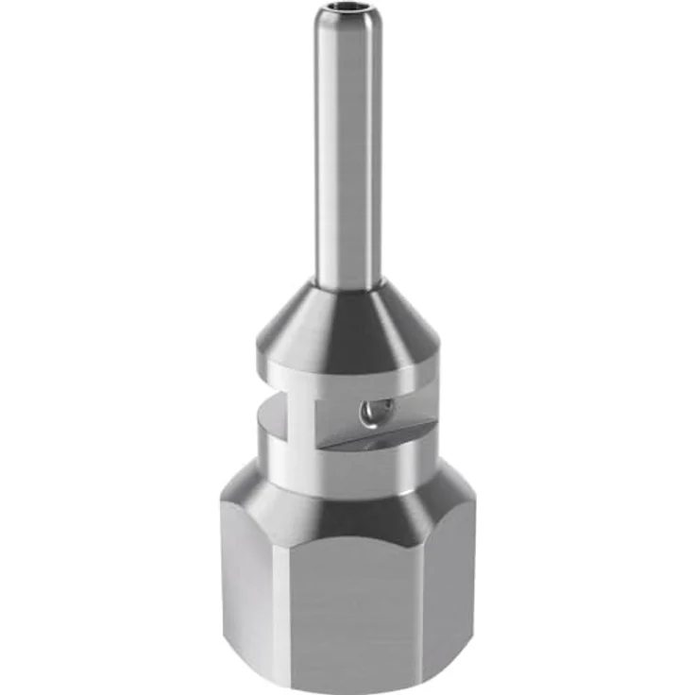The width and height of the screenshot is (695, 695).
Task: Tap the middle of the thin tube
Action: pyautogui.click(x=348, y=151)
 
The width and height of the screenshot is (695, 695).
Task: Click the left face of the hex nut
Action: pyautogui.click(x=246, y=595)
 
